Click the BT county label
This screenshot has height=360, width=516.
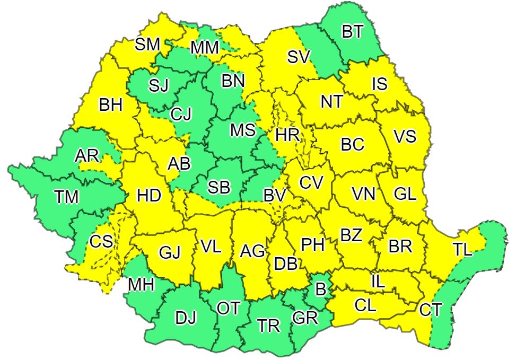coord(352,32)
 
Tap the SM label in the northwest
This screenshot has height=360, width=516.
coord(147,45)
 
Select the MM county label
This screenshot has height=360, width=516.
coord(205,48)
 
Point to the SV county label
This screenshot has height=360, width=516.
coord(299,57)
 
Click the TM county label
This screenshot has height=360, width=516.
coord(67,197)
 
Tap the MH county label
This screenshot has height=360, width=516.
coord(141,285)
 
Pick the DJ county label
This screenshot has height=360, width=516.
coord(186,318)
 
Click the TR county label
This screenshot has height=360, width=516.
coord(268,326)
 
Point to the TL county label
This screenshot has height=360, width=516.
coord(462,250)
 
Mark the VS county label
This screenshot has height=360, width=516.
coord(405,136)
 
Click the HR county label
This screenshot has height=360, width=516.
coord(287,135)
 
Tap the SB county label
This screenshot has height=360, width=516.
coord(218,187)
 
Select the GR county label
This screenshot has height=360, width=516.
coord(305,318)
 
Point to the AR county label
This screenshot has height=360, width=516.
coord(87,155)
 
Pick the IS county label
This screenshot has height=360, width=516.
coord(380,84)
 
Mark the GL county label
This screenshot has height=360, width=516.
coord(405,194)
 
